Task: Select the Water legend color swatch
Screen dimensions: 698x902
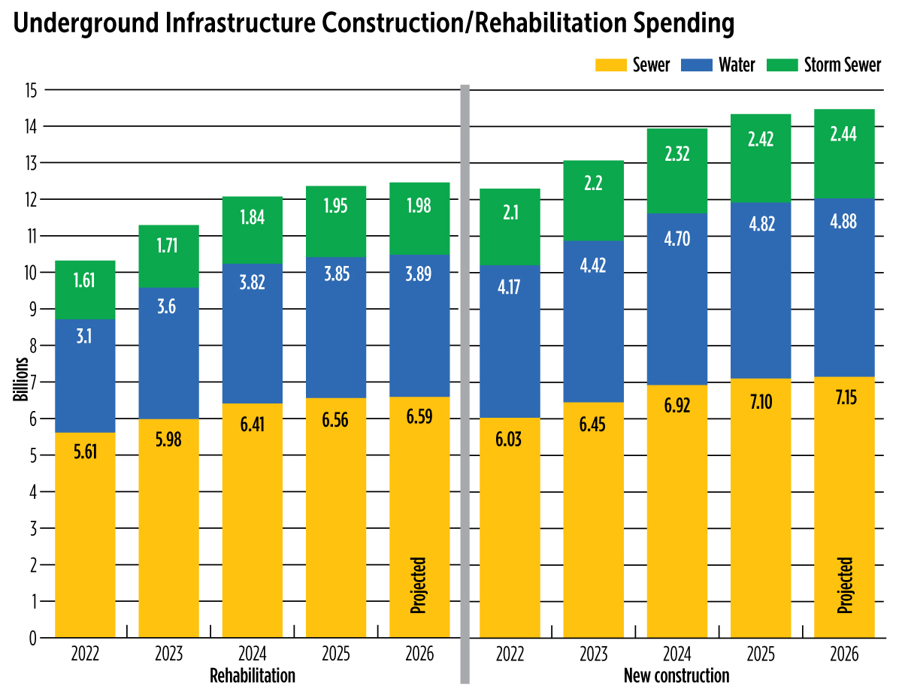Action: (695, 65)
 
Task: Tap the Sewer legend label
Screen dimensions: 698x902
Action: (651, 65)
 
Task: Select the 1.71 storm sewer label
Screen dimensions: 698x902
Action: (168, 246)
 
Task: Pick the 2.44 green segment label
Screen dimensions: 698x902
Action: (845, 134)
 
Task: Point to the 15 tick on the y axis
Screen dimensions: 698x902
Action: (30, 90)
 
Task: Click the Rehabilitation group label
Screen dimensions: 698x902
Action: (252, 675)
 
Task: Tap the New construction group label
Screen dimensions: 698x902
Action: (676, 675)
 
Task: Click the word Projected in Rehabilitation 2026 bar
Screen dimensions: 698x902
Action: (419, 585)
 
